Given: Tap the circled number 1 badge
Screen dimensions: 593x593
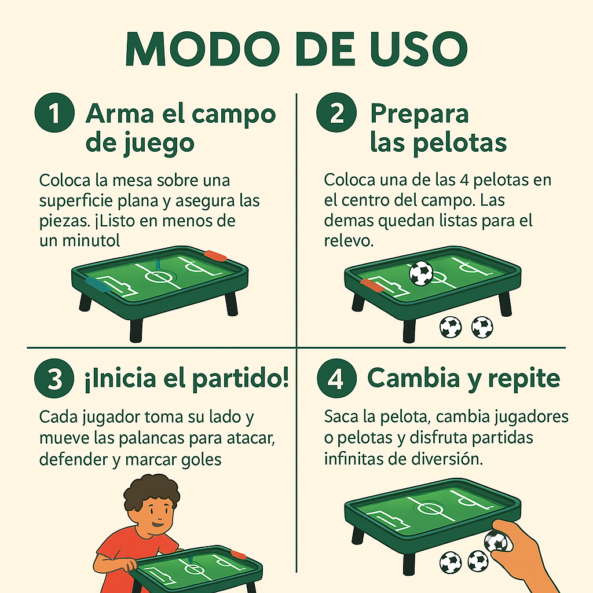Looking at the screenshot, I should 54,114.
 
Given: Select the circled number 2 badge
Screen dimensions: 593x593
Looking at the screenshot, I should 336,114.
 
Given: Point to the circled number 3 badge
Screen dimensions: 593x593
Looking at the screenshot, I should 54,379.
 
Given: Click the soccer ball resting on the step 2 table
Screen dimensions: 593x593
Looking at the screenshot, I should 421,273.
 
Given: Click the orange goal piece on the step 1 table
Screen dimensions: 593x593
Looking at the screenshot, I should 215,255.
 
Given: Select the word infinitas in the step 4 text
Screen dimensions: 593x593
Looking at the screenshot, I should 354,459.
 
